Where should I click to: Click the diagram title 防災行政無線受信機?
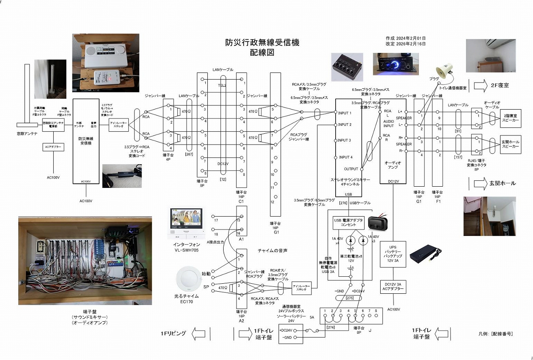point(262,42)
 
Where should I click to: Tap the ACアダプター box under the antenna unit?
point(53,147)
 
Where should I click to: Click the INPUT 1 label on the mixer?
point(345,113)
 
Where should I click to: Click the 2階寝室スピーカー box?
point(510,118)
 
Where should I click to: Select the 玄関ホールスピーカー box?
point(510,145)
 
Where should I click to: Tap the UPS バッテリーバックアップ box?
point(394,254)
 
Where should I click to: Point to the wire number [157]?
point(460,157)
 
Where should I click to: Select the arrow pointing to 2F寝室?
point(480,85)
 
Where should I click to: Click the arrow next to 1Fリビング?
point(199,334)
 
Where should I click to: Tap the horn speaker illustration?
point(444,70)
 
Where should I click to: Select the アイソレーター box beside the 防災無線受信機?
point(118,124)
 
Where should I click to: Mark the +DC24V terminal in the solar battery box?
point(286,330)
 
